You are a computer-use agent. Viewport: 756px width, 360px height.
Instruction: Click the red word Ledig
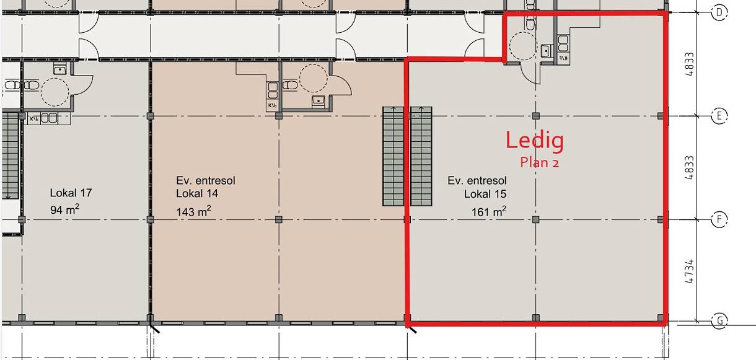pyautogui.click(x=535, y=141)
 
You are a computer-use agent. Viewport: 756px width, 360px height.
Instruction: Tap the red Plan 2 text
pyautogui.click(x=539, y=162)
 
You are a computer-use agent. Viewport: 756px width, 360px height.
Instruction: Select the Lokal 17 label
pyautogui.click(x=71, y=193)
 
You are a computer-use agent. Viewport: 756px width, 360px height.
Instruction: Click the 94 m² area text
pyautogui.click(x=65, y=209)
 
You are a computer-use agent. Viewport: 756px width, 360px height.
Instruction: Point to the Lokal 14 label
pyautogui.click(x=197, y=193)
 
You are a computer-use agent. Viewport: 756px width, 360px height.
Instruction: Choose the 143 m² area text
pyautogui.click(x=194, y=211)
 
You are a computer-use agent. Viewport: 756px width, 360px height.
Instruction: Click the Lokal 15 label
pyautogui.click(x=485, y=194)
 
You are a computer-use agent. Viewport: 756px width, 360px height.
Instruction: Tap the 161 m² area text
pyautogui.click(x=489, y=211)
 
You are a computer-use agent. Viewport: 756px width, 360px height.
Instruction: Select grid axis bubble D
pyautogui.click(x=719, y=12)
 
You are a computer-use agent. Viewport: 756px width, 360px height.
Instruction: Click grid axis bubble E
pyautogui.click(x=719, y=116)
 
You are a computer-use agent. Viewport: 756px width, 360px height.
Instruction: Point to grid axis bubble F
pyautogui.click(x=719, y=219)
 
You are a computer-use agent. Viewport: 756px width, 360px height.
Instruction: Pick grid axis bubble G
pyautogui.click(x=719, y=320)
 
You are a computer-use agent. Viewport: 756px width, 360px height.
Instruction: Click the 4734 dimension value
pyautogui.click(x=690, y=271)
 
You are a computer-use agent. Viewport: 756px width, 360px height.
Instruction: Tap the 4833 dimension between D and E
pyautogui.click(x=690, y=64)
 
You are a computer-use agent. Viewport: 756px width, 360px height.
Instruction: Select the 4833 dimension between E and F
pyautogui.click(x=690, y=167)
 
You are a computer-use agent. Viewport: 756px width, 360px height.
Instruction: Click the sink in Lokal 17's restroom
pyautogui.click(x=60, y=70)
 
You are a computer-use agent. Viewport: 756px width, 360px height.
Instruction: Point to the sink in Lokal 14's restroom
pyautogui.click(x=319, y=101)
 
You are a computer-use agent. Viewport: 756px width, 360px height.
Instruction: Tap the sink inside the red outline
pyautogui.click(x=547, y=51)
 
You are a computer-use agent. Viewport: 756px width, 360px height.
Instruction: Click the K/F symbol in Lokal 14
pyautogui.click(x=273, y=105)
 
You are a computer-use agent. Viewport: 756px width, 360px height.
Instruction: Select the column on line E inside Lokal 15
pyautogui.click(x=535, y=116)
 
